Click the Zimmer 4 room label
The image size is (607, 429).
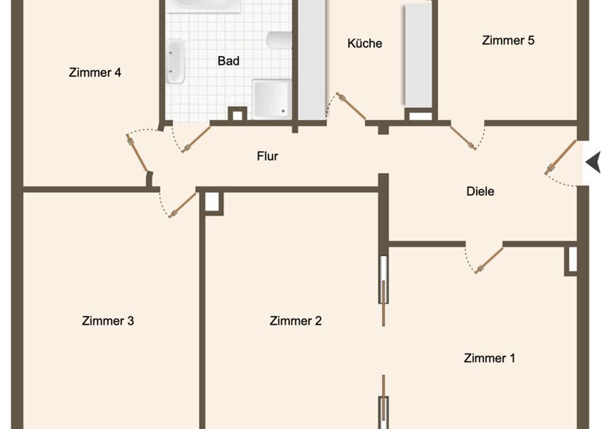95,72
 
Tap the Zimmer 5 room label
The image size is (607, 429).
508,40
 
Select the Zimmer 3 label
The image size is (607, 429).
108,321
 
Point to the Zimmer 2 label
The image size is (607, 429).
295,321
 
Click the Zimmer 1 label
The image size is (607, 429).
490,358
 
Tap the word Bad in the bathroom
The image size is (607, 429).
229,61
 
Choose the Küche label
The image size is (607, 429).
365,44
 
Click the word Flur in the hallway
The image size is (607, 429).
268,156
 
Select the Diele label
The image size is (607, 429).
480,191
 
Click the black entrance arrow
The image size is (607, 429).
594,162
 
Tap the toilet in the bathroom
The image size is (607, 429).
279,40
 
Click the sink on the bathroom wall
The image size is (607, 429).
176,61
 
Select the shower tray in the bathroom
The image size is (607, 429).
272,100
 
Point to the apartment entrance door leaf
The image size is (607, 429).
560,157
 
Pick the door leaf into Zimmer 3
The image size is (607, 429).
182,205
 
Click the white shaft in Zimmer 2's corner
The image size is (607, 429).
211,202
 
